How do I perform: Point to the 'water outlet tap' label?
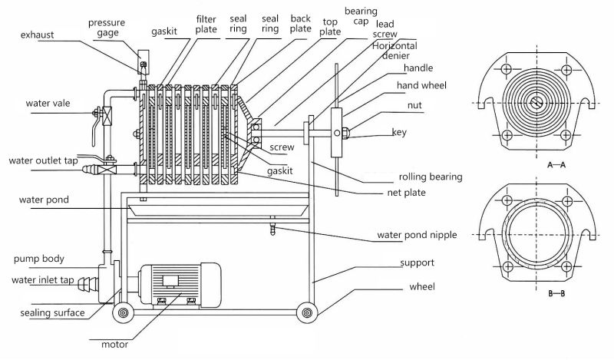44,160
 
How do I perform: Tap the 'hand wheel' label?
421,85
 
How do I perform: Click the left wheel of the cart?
122,313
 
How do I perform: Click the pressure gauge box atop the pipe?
143,60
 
